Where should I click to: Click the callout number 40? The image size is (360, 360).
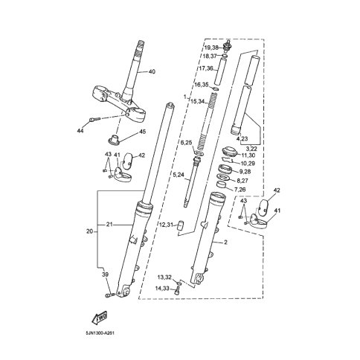tap(152, 72)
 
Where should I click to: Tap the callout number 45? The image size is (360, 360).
tap(142, 132)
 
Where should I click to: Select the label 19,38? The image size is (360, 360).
tap(211, 48)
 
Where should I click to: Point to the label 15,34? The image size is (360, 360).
tap(198, 101)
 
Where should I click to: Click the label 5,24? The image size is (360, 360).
tap(179, 175)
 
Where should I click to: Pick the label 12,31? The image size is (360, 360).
tap(166, 225)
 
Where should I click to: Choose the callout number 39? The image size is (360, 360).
tap(106, 274)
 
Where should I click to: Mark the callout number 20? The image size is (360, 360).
tap(89, 231)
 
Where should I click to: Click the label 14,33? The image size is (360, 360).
tap(163, 289)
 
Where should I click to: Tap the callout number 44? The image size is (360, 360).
tap(80, 131)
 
